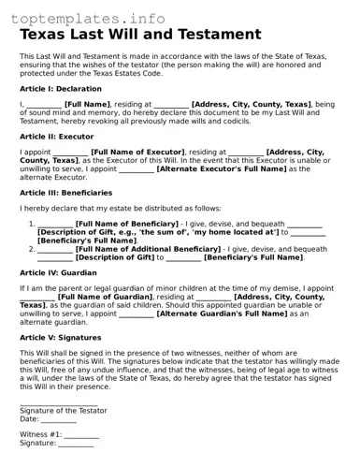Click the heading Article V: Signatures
pyautogui.click(x=62, y=337)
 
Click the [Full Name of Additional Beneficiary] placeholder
pyautogui.click(x=148, y=249)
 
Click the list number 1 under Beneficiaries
pyautogui.click(x=32, y=225)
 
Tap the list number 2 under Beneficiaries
pyautogui.click(x=32, y=249)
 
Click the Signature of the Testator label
pyautogui.click(x=64, y=410)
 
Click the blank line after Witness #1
pyautogui.click(x=81, y=436)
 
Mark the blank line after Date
pyautogui.click(x=59, y=420)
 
